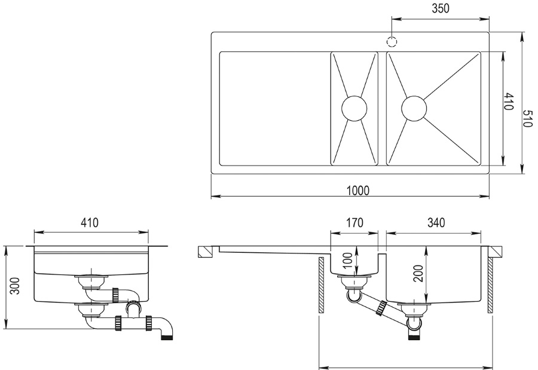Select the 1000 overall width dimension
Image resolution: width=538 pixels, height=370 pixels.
tap(358, 190)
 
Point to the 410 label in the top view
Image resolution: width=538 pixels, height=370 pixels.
tap(509, 102)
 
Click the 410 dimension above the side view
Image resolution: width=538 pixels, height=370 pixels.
tap(89, 224)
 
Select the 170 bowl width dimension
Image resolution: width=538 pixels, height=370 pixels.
tap(354, 224)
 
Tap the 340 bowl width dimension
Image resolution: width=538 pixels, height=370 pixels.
tap(436, 224)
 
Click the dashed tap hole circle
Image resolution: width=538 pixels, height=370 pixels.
tap(392, 42)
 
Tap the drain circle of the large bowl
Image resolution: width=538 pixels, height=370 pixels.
tap(414, 108)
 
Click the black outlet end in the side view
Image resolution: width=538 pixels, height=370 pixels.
tap(168, 337)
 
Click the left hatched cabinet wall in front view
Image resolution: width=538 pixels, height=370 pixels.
tap(322, 285)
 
